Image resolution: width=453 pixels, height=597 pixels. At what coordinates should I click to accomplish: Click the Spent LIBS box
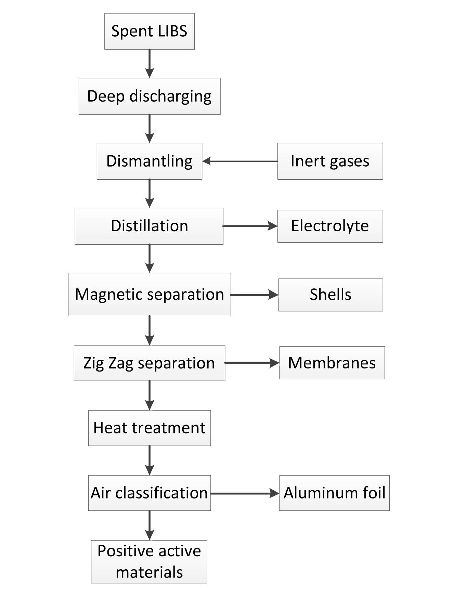(149, 31)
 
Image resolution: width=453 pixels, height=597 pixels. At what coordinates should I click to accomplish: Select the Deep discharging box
(149, 96)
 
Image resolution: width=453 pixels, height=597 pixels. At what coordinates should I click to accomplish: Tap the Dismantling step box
(149, 161)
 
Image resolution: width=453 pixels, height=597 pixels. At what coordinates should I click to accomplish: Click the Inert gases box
(330, 161)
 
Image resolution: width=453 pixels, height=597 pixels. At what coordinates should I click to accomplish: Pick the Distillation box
(149, 226)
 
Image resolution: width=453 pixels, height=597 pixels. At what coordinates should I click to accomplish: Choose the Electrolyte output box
(330, 226)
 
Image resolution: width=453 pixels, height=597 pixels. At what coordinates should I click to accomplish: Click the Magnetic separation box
(149, 294)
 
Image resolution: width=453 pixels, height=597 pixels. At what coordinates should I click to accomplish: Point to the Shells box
(330, 295)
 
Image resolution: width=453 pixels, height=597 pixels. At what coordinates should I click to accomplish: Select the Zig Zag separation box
(149, 363)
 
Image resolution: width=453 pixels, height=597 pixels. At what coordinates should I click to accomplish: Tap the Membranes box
(332, 363)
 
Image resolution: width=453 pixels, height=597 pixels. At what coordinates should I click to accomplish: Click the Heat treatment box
(149, 428)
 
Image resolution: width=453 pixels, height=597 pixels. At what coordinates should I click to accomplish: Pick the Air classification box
(149, 493)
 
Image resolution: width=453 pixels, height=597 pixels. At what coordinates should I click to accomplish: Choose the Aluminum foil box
(334, 493)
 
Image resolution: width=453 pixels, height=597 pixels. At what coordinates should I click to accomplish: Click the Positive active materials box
(149, 561)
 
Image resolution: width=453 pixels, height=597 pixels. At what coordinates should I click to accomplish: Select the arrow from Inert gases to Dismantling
(240, 161)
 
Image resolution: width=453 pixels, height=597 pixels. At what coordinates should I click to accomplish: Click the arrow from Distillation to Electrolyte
(250, 226)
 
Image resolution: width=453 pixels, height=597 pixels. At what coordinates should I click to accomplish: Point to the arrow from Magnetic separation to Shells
(254, 295)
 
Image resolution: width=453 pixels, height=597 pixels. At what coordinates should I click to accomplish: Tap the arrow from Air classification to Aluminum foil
(245, 493)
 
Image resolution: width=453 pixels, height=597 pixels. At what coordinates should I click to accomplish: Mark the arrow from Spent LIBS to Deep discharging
(150, 64)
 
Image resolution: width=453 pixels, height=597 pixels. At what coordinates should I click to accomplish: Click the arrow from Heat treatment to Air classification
(150, 460)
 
